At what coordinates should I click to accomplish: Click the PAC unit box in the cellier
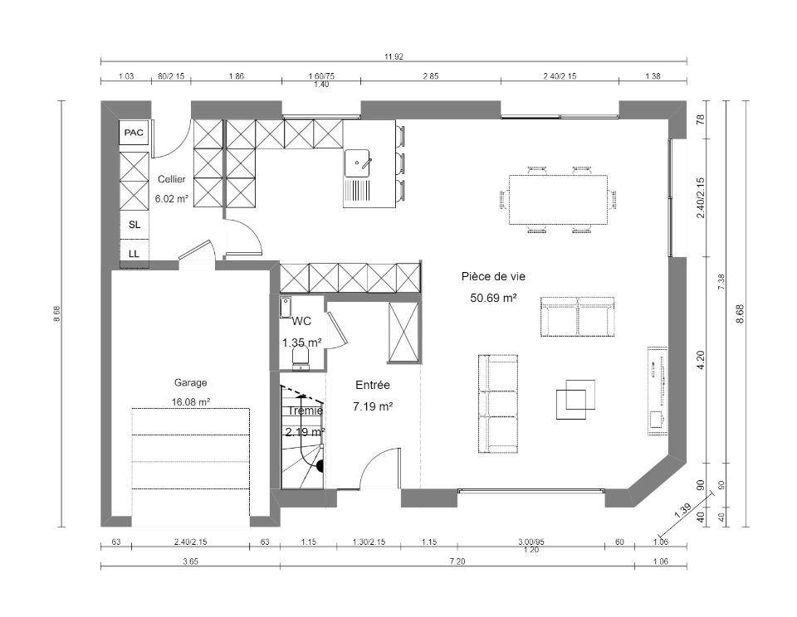pos(134,133)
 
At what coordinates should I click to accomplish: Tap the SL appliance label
pos(134,225)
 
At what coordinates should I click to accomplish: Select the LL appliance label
pos(134,254)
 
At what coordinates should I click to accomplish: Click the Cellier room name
pos(171,179)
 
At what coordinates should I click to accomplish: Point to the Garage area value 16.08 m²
pos(191,401)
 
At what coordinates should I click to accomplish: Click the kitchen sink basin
pos(359,163)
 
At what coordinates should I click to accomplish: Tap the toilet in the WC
pos(301,357)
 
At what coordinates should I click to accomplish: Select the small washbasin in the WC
pos(285,308)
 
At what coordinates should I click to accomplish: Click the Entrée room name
pos(373,385)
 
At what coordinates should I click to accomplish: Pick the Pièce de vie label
pos(493,276)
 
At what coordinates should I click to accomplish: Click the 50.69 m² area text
pos(493,298)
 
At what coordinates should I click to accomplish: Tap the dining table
pos(558,199)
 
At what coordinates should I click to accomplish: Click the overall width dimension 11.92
pos(394,57)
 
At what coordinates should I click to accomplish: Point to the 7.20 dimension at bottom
pos(457,561)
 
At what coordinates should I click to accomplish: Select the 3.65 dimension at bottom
pos(190,561)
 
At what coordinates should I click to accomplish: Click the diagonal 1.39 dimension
pos(682,510)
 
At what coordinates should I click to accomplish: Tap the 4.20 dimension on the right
pos(701,360)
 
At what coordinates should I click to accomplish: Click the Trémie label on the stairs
pos(305,411)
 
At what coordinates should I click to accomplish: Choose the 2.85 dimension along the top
pos(431,76)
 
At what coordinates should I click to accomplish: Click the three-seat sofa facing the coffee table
pos(497,404)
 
